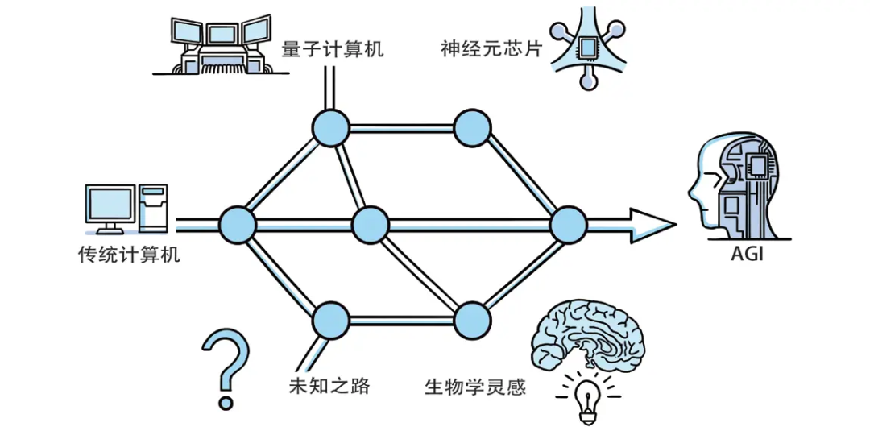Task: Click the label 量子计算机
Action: pyautogui.click(x=332, y=49)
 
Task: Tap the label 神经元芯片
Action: pyautogui.click(x=491, y=49)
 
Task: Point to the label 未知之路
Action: pyautogui.click(x=329, y=386)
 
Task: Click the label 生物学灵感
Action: pyautogui.click(x=475, y=387)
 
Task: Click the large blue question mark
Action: pyautogui.click(x=225, y=367)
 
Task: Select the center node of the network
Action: pyautogui.click(x=371, y=224)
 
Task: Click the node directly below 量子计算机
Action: pyautogui.click(x=330, y=127)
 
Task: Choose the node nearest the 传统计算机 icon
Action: pyautogui.click(x=238, y=224)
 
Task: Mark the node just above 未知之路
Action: pyautogui.click(x=330, y=321)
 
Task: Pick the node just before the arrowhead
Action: pyautogui.click(x=568, y=224)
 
